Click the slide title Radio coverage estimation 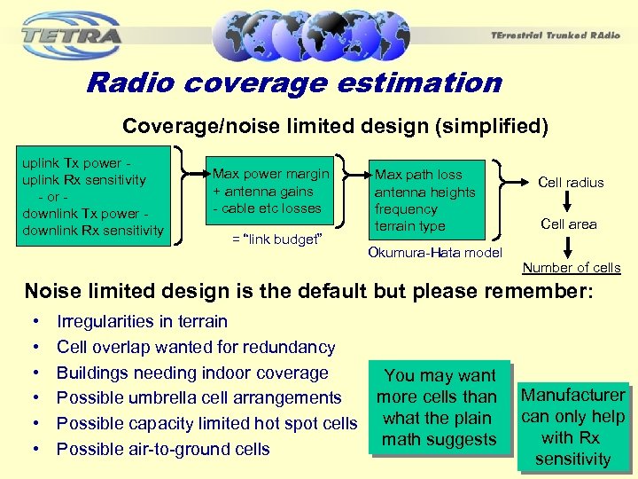coord(293,82)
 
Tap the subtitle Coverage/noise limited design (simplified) coord(335,126)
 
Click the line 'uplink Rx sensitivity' coord(83,180)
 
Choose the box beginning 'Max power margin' coord(270,191)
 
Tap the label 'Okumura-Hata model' coord(434,253)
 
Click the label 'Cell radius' coord(572,183)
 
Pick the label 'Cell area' coord(569,224)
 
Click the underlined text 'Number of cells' coord(572,267)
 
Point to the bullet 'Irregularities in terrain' coord(142,321)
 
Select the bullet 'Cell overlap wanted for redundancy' coord(196,347)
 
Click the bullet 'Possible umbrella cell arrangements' coord(198,398)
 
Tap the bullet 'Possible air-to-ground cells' coord(163,449)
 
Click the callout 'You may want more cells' coord(439,407)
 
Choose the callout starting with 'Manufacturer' coord(573,427)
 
